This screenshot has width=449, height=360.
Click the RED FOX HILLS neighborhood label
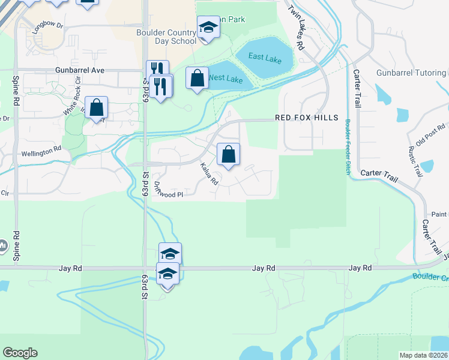[307, 118]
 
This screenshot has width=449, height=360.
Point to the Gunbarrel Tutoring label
[412, 73]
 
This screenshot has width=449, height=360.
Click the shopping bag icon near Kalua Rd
[228, 155]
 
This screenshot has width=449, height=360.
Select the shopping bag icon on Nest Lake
[197, 78]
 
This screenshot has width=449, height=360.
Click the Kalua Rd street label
[208, 173]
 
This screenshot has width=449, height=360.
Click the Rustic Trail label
[416, 161]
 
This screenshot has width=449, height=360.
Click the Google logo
[20, 353]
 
